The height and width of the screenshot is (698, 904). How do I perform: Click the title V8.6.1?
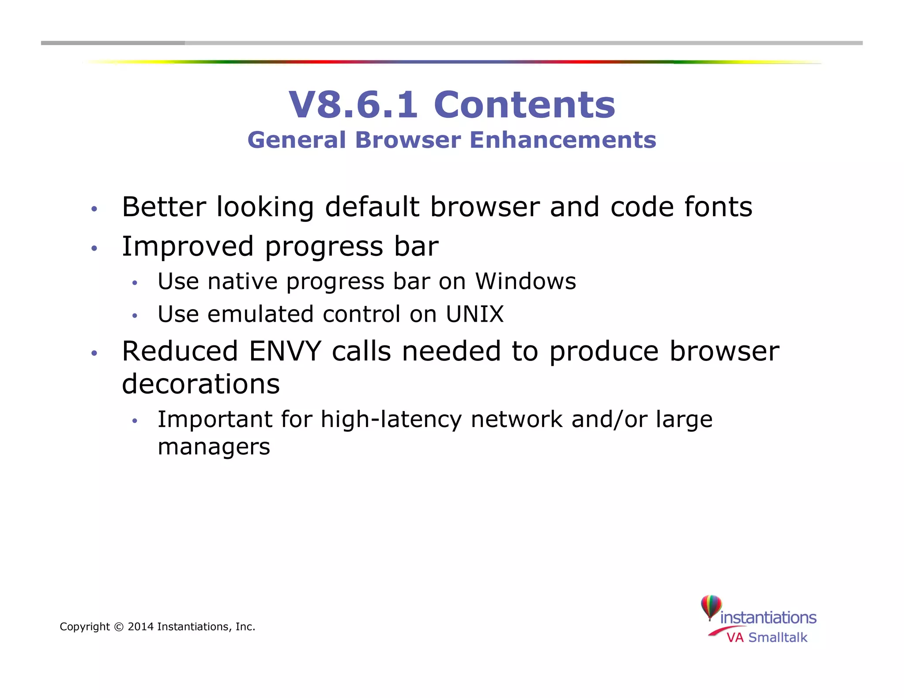[x=353, y=105]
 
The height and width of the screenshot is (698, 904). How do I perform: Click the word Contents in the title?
[x=524, y=105]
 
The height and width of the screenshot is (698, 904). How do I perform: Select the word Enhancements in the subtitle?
[x=563, y=140]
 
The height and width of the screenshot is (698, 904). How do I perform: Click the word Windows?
[x=525, y=281]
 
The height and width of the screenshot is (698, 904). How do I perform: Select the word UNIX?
[x=475, y=314]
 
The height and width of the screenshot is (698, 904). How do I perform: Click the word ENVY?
[x=285, y=351]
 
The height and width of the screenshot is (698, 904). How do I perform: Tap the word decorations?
[x=201, y=384]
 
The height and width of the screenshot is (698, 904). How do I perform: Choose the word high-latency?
[x=391, y=419]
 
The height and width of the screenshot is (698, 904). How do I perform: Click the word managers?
[x=214, y=447]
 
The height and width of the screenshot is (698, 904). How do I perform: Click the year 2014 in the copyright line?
[x=140, y=627]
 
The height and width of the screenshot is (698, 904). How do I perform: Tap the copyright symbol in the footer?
[x=119, y=627]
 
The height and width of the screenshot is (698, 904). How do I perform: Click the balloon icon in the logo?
[x=711, y=607]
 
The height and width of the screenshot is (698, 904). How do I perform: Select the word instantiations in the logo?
[x=768, y=617]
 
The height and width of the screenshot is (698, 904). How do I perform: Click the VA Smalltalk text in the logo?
[x=767, y=638]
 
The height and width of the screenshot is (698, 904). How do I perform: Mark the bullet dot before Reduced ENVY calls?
[x=94, y=353]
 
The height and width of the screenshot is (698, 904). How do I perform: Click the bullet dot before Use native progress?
[x=135, y=283]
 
